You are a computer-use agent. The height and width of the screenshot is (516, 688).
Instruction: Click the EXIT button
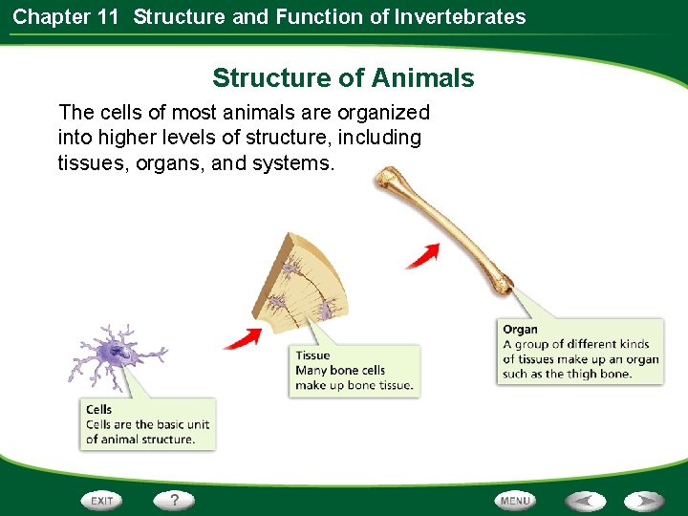click(102, 501)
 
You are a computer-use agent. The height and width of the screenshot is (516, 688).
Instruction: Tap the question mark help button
click(174, 500)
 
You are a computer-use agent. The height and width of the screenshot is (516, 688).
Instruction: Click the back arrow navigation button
click(585, 501)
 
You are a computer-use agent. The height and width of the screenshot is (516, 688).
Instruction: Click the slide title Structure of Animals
click(343, 77)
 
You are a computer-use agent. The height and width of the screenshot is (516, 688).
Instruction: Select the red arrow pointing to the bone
click(422, 254)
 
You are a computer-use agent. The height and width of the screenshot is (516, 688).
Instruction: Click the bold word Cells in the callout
click(98, 410)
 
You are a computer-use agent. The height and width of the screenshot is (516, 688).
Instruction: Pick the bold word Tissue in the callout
click(312, 355)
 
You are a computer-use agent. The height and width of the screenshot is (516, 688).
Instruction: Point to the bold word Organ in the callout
click(520, 330)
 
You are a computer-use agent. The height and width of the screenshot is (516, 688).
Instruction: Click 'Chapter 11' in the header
click(66, 16)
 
